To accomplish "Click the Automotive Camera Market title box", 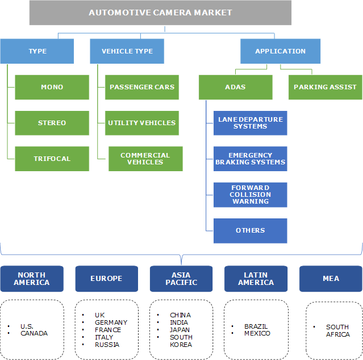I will [160, 13].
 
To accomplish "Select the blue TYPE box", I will [37, 51].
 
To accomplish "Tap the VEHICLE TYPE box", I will [127, 51].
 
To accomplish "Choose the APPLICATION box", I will [280, 51].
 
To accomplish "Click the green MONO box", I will [52, 87].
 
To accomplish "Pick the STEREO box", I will [52, 123].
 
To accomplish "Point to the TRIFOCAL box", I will [52, 159].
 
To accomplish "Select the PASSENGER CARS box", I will [142, 87].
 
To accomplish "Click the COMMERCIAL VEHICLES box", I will [145, 159].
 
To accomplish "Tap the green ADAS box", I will [236, 87].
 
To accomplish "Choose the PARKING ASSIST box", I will [325, 87].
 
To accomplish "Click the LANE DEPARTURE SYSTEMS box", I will [251, 123].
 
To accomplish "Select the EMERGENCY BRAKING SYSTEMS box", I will [251, 159].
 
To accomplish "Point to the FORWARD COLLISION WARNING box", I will [251, 195].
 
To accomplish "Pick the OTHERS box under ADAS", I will [251, 230].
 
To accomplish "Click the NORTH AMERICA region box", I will [32, 279].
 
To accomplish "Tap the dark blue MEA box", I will [331, 279].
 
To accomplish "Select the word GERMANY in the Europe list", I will [111, 322].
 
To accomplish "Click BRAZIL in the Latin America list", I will [256, 326].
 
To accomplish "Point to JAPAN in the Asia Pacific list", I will [180, 330].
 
